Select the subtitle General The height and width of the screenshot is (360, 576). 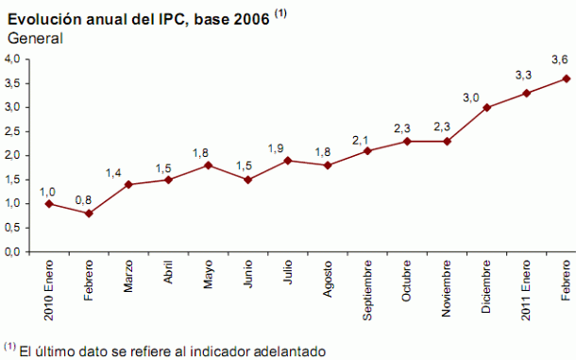(35, 39)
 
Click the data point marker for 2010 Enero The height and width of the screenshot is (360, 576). (48, 204)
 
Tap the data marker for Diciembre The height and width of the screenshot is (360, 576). (486, 108)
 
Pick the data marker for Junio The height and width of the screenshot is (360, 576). (247, 180)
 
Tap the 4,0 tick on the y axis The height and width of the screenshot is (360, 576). (13, 59)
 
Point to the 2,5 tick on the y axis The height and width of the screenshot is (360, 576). (13, 131)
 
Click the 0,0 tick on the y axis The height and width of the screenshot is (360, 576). (13, 252)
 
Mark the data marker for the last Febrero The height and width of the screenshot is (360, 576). (566, 78)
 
